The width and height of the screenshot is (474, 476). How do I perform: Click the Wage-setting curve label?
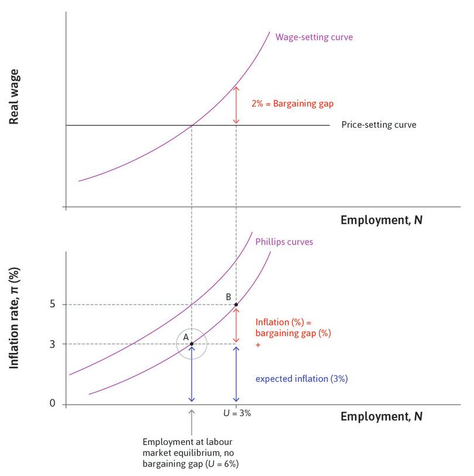tap(314, 37)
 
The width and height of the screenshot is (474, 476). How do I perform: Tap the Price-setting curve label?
tap(379, 125)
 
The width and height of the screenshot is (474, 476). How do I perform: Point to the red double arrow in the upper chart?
tap(236, 105)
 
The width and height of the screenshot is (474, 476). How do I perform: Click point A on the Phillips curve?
tap(191, 344)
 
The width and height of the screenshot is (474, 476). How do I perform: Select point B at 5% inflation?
tap(236, 304)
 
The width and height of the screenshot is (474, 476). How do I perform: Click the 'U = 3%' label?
tap(236, 413)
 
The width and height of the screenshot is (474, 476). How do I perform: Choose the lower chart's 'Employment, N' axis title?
tap(381, 417)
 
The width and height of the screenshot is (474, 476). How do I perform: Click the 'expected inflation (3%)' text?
tap(301, 378)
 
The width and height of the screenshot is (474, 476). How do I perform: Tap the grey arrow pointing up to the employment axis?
tap(191, 420)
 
